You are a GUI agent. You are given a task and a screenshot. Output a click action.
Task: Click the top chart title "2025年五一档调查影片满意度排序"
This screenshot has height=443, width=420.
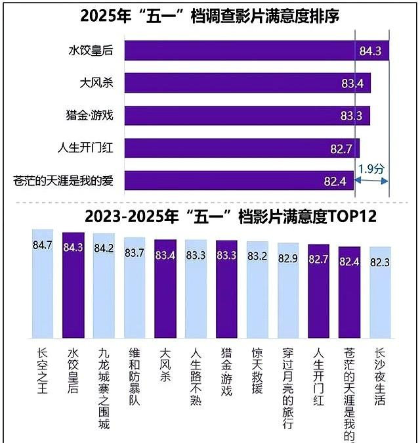[210, 15]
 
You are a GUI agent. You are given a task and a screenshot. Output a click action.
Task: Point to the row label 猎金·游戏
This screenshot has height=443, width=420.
[91, 116]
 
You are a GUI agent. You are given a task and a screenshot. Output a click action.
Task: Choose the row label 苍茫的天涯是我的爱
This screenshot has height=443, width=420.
[64, 180]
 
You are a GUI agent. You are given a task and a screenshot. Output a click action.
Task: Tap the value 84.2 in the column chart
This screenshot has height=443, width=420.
[104, 248]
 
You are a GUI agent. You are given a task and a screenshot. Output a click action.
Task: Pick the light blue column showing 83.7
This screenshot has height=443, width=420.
[135, 289]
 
